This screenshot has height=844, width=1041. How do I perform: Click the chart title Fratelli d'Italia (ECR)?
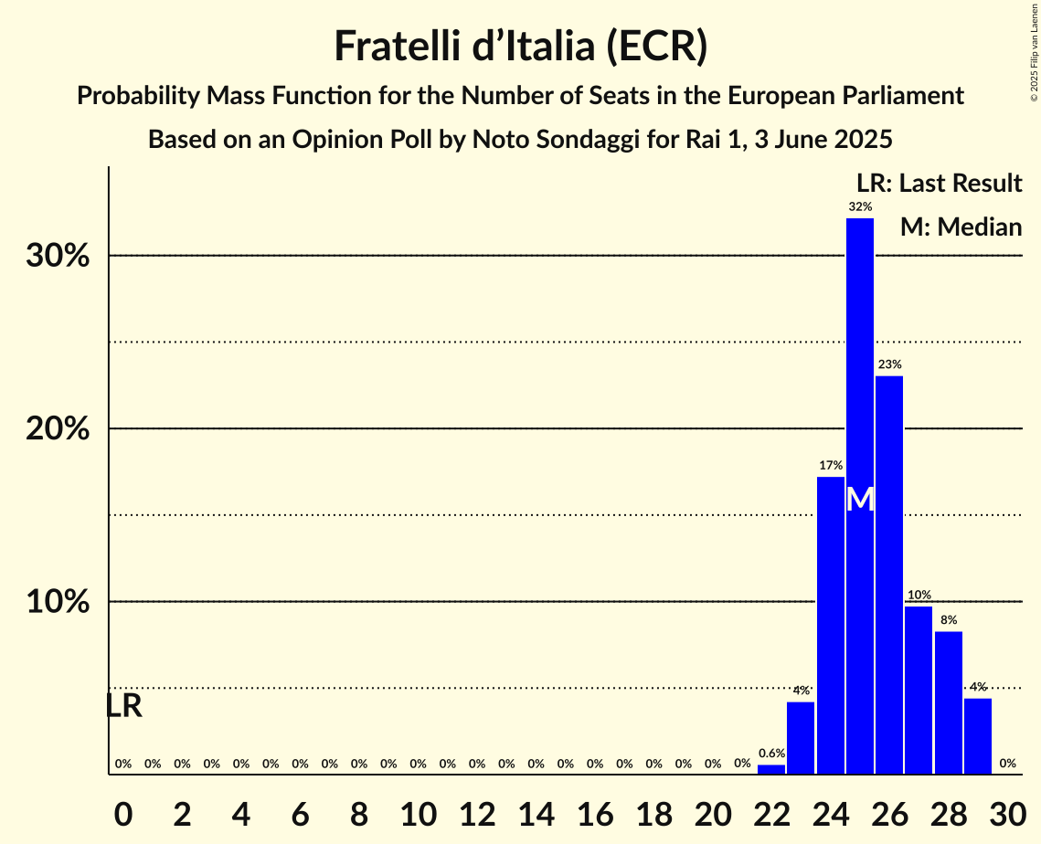520,46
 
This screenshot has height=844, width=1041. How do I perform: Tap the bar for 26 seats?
889,575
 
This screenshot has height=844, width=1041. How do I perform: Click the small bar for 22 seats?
771,769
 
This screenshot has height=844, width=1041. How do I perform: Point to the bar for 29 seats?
978,736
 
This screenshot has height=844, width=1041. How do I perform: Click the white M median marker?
860,500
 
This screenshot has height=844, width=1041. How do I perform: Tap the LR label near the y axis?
123,706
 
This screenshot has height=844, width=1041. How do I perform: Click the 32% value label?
860,206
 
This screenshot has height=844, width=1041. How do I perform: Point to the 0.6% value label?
771,754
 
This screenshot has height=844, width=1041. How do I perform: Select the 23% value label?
889,364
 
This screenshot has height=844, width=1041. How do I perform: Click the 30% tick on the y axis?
58,256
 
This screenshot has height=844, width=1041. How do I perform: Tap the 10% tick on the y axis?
58,602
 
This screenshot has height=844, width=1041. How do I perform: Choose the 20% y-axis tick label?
58,428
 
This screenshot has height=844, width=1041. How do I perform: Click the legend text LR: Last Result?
939,184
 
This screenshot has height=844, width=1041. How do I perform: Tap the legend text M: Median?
961,227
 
